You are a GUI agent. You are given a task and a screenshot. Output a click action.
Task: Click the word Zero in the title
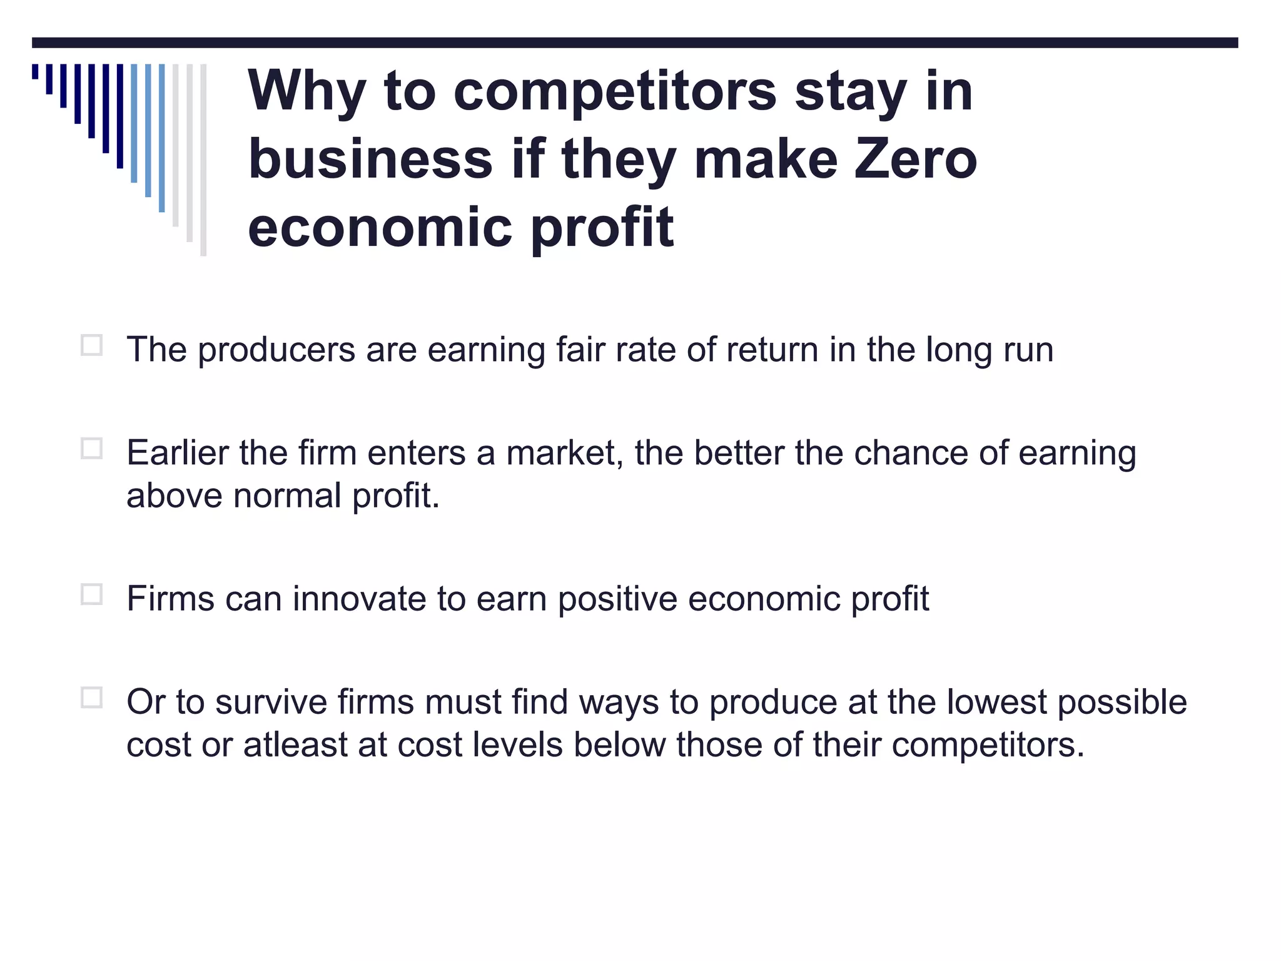915,159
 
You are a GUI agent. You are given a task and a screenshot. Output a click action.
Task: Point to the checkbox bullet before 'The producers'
91,345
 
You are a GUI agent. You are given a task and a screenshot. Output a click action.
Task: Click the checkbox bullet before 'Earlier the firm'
91,449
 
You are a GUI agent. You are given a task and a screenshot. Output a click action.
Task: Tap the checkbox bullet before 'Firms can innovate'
91,594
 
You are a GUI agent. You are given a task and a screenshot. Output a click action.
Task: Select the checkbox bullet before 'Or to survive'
91,698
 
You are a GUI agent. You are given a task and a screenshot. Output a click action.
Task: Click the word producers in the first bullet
276,350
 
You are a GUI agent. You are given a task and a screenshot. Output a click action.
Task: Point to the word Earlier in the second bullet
177,453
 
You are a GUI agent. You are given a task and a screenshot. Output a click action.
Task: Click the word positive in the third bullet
617,599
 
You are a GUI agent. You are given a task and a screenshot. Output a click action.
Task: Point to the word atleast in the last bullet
295,745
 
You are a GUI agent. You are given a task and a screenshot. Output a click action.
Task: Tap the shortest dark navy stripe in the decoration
35,71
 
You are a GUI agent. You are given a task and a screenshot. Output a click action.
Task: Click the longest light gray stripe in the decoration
203,160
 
